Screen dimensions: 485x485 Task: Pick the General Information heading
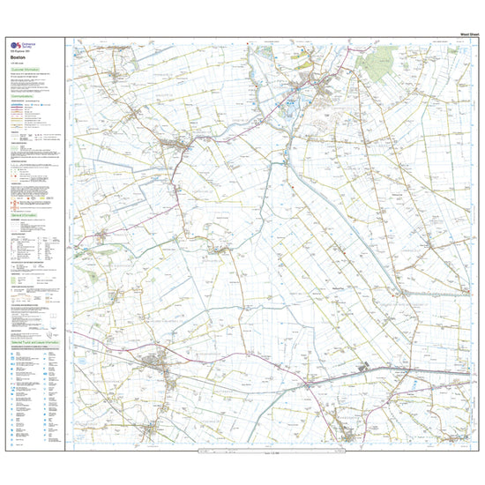coord(26,213)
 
